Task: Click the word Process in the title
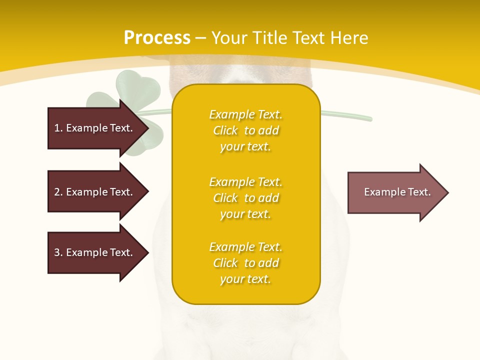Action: pyautogui.click(x=157, y=38)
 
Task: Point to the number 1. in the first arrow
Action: pyautogui.click(x=58, y=128)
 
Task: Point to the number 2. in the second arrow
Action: pyautogui.click(x=58, y=192)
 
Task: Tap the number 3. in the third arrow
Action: pyautogui.click(x=58, y=252)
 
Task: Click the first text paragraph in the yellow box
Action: pyautogui.click(x=245, y=130)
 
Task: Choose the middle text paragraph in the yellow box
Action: pyautogui.click(x=245, y=198)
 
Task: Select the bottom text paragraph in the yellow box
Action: pyautogui.click(x=245, y=263)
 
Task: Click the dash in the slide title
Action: pyautogui.click(x=200, y=38)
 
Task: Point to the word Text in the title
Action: pyautogui.click(x=309, y=38)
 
